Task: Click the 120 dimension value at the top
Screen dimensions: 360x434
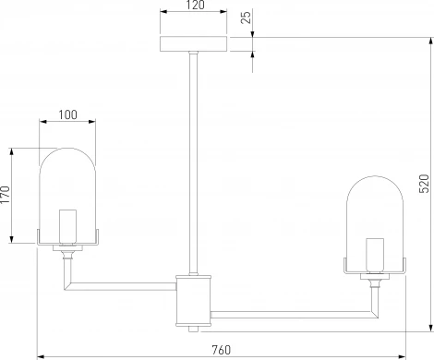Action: pos(193,6)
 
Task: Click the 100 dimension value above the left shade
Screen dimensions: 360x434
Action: pos(67,114)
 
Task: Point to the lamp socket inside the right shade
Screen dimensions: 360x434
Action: pos(375,251)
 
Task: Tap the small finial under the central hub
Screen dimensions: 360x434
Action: pos(193,328)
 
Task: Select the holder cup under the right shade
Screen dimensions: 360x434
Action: pos(375,273)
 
